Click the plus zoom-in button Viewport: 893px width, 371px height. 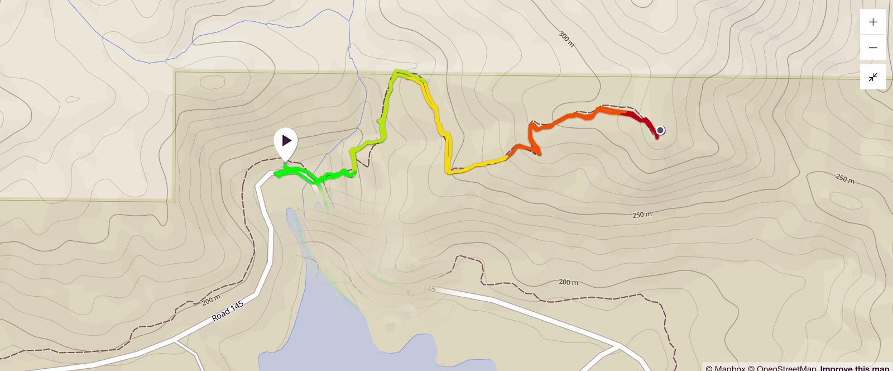(873, 22)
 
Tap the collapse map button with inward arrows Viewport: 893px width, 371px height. (873, 77)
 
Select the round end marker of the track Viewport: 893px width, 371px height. (660, 130)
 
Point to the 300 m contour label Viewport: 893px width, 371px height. (566, 39)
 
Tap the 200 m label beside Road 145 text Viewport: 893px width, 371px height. (211, 300)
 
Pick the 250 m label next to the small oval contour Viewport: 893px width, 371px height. (845, 179)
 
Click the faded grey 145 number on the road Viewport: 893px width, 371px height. (429, 289)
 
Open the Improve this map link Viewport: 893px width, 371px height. (854, 368)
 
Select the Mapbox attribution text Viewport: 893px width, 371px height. (726, 368)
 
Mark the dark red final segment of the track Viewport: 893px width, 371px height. (639, 118)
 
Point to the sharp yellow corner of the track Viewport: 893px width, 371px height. (448, 172)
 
